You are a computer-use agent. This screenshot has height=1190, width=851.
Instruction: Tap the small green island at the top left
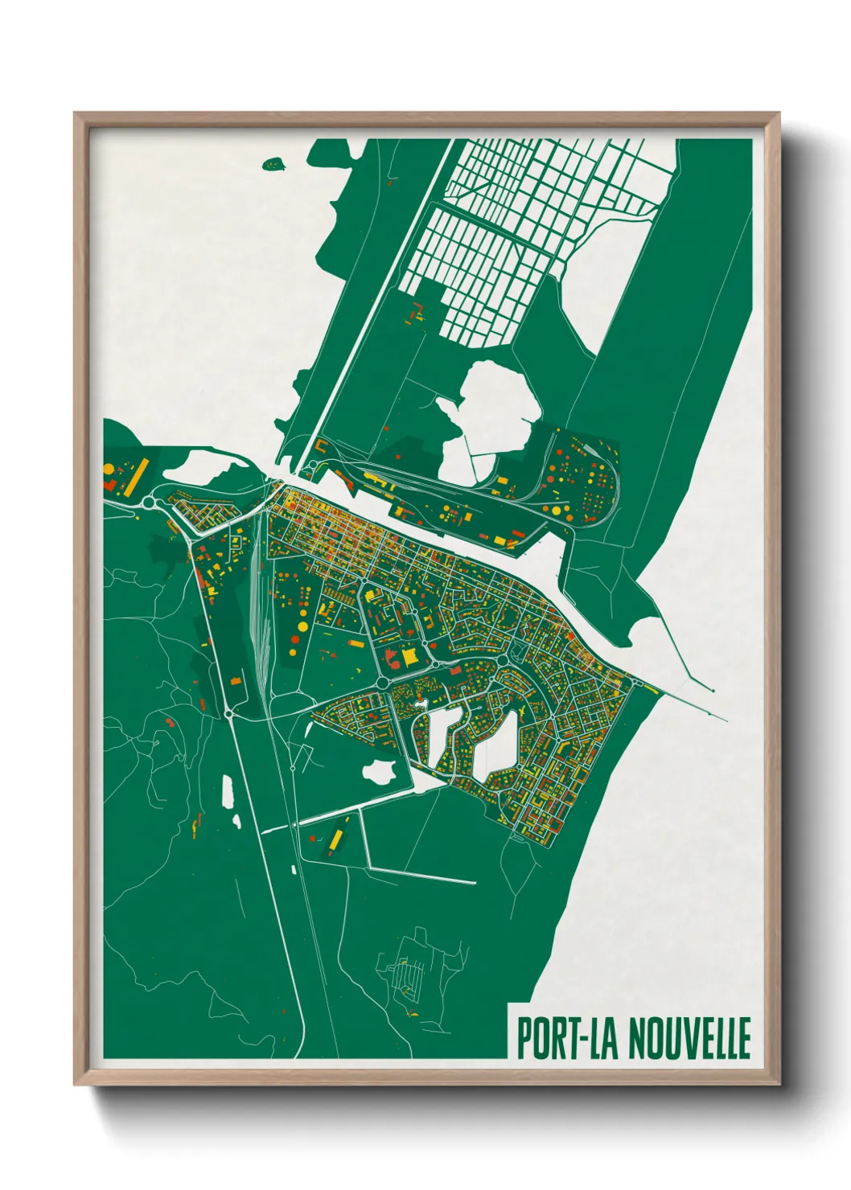(274, 164)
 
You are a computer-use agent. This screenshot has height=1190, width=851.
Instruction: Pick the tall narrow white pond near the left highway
(227, 792)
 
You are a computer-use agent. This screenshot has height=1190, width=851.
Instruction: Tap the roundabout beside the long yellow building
(149, 503)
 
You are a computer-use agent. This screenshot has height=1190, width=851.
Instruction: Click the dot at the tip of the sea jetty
(713, 690)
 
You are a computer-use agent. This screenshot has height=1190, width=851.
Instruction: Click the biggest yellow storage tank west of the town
(302, 626)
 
